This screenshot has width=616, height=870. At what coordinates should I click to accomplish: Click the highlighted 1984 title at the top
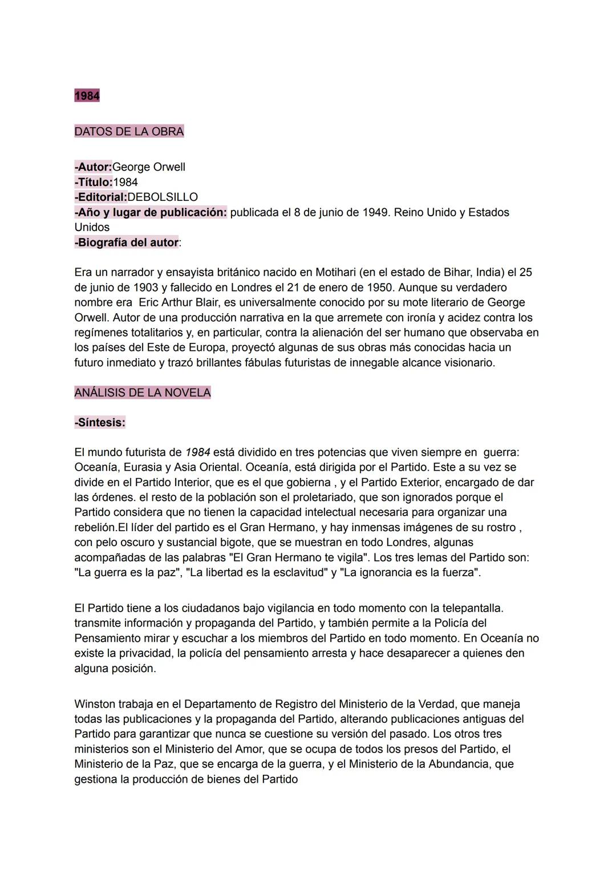87,96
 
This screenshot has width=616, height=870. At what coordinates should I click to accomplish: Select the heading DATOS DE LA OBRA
129,131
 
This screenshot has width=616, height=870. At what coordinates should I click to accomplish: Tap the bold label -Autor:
93,167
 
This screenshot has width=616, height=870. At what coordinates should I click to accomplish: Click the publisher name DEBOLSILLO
163,197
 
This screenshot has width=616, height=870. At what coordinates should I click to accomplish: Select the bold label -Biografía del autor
126,242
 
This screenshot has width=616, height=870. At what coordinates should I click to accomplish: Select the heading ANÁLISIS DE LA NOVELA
143,392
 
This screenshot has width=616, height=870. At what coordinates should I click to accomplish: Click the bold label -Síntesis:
100,423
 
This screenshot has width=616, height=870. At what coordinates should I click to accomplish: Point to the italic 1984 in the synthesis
197,452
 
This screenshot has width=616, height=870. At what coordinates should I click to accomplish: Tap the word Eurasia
143,467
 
